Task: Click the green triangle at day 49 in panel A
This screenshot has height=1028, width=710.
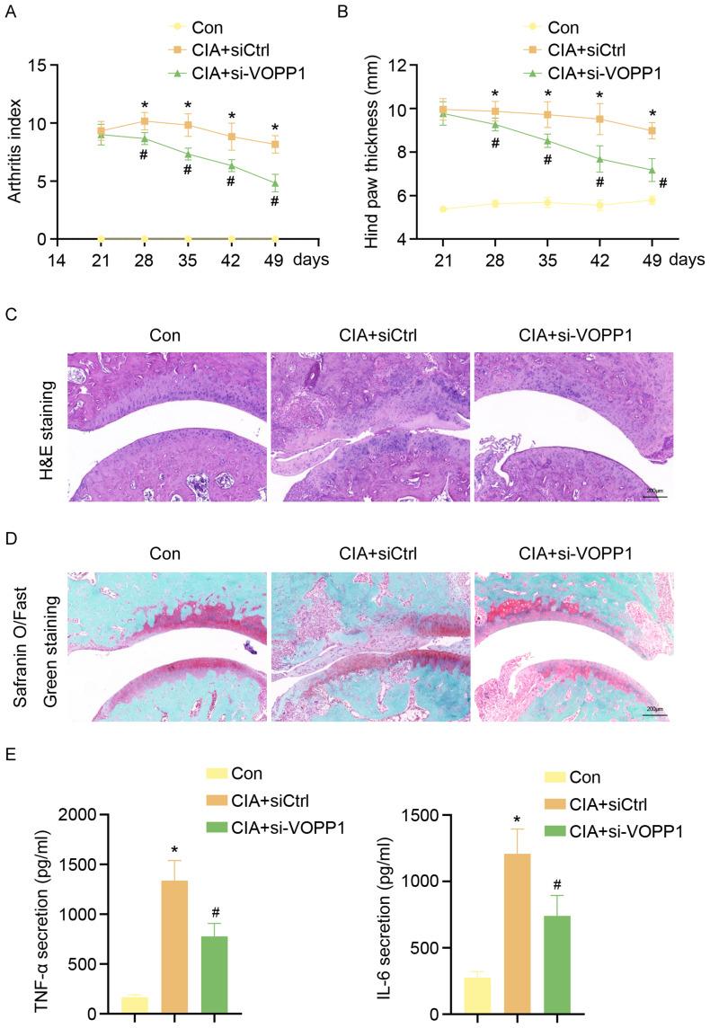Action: [x=275, y=183]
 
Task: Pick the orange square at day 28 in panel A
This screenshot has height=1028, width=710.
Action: [x=145, y=120]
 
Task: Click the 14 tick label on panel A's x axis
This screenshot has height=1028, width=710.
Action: [x=56, y=261]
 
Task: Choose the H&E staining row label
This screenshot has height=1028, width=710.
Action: [x=45, y=422]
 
